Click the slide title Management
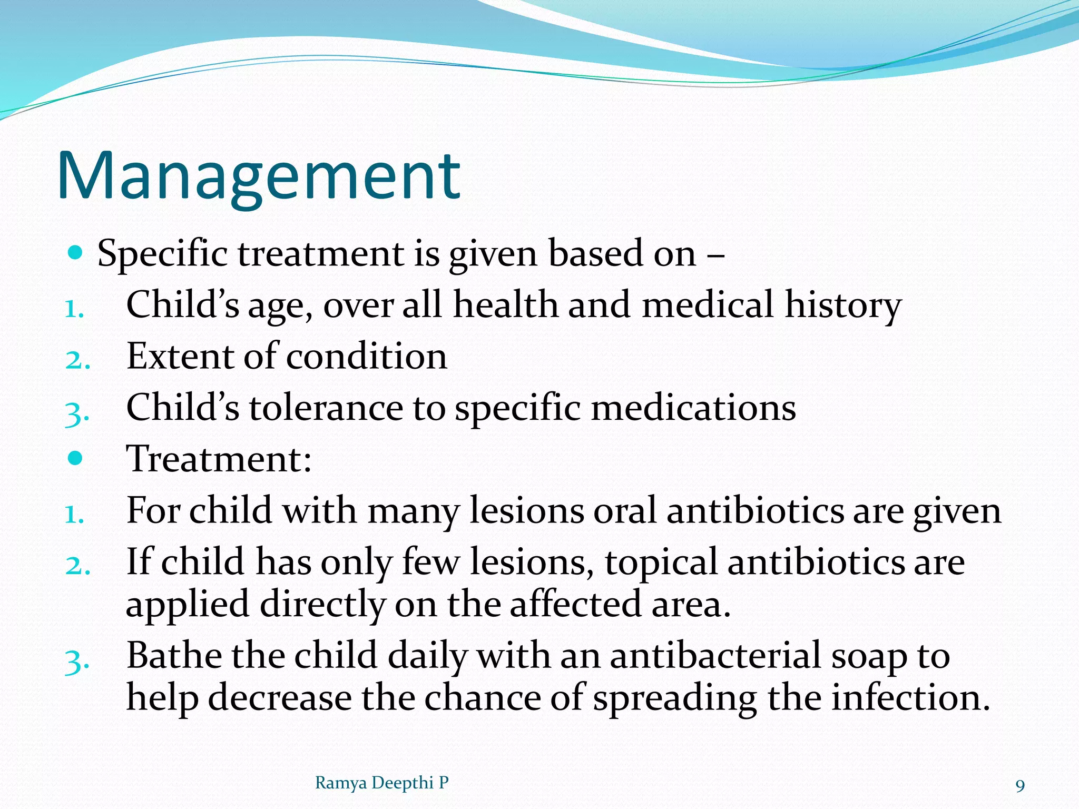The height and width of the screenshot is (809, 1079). point(258,176)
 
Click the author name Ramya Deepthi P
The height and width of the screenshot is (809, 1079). point(381,783)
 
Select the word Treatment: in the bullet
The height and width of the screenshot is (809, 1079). point(219,459)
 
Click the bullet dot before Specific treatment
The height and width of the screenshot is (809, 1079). point(76,253)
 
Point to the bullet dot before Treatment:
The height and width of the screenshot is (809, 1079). point(76,458)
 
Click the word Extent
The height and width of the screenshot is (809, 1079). point(181,357)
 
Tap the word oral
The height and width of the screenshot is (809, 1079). point(625,511)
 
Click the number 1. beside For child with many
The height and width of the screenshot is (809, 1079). point(74,515)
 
